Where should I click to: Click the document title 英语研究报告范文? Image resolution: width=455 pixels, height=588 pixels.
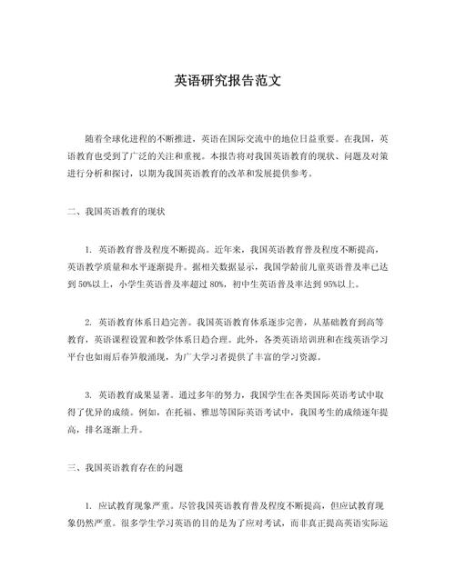(x=227, y=80)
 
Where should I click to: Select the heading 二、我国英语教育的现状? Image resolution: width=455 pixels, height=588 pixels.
(x=118, y=211)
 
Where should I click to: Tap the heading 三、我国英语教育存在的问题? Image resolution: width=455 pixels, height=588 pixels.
(x=125, y=467)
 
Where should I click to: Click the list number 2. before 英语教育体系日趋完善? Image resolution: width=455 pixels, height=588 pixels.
(x=88, y=321)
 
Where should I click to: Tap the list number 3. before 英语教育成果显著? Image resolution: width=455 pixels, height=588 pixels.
(x=88, y=394)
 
